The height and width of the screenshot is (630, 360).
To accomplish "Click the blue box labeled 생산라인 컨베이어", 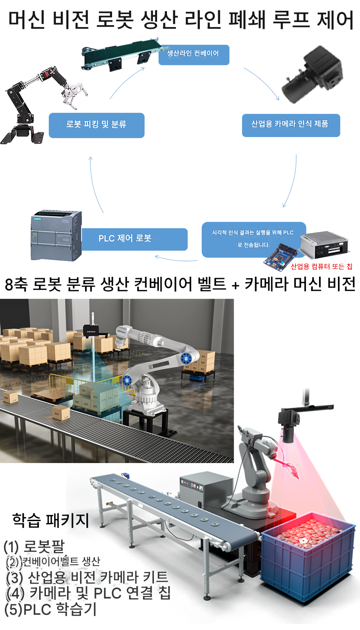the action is pyautogui.click(x=194, y=55).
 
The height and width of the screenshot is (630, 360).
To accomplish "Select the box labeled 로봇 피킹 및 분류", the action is pyautogui.click(x=96, y=126).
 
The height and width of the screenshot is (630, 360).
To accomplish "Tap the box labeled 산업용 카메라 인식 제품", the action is pyautogui.click(x=291, y=126).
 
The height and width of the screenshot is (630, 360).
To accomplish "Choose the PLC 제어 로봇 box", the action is pyautogui.click(x=135, y=239).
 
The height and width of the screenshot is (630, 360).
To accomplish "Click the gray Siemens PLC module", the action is pyautogui.click(x=56, y=235).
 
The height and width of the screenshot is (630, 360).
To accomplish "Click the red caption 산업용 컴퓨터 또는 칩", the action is pyautogui.click(x=321, y=266).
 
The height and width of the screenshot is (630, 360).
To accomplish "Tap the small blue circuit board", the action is pyautogui.click(x=280, y=257).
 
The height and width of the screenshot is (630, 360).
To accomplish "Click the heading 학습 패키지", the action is pyautogui.click(x=51, y=521).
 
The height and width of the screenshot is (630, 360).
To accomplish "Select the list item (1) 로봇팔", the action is pyautogui.click(x=34, y=547).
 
